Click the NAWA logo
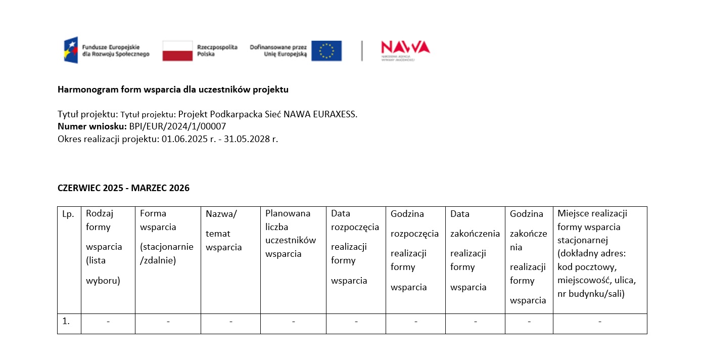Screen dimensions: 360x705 405,49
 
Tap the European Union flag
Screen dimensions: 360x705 326,51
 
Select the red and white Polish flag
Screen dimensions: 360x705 177,51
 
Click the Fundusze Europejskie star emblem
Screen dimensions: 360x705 71,50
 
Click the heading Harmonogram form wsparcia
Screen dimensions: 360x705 173,89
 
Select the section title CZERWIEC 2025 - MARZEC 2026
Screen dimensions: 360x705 123,188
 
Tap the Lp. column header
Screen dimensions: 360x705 68,214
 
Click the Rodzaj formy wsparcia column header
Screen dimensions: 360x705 104,247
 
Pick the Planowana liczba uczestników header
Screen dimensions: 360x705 291,234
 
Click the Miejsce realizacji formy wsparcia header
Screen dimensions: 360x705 596,253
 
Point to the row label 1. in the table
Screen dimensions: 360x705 66,321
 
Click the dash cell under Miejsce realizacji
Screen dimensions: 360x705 599,322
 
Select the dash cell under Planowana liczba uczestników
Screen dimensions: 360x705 293,322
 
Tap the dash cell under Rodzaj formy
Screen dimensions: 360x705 108,322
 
